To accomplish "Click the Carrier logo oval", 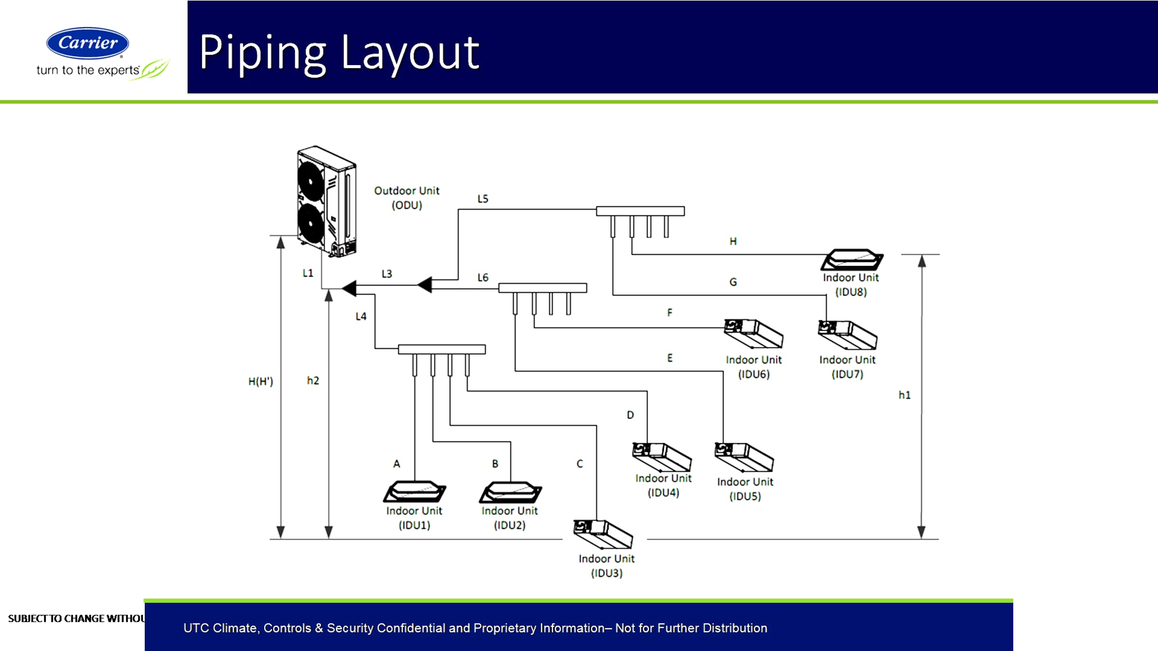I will coord(87,43).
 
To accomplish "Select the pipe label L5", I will coord(482,199).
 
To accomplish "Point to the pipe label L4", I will coord(361,316).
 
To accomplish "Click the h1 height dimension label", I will coord(904,395).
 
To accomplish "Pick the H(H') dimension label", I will coord(261,381).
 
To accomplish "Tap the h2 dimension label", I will coord(313,380).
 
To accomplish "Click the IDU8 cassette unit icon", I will coord(852,259).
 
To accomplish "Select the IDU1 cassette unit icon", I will coord(414,491).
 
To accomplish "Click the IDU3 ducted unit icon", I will coord(603,534).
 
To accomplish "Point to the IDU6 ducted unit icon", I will coord(753,333).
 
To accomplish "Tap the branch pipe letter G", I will coord(733,282).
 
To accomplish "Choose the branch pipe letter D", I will coord(630,415).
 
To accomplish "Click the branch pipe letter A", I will coord(397,464).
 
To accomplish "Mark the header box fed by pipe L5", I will coord(640,211).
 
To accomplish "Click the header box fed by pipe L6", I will coord(542,288).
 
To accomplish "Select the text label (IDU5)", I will coord(745,496).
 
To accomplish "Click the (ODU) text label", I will coord(407,205).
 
